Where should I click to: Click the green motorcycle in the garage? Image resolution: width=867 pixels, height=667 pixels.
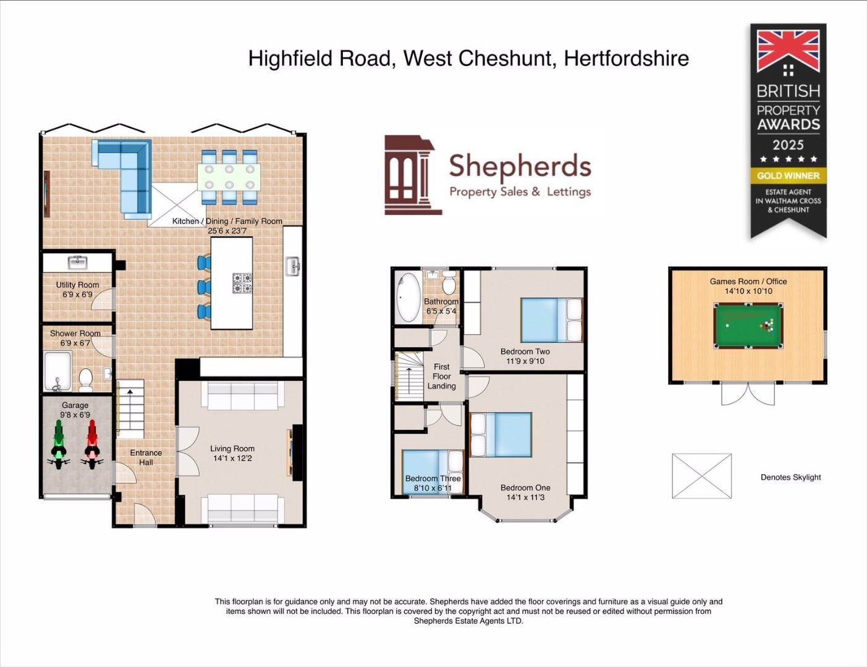click(59, 443)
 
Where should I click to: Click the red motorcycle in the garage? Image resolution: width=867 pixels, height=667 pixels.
click(92, 443)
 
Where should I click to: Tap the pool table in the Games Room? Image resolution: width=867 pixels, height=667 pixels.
click(748, 325)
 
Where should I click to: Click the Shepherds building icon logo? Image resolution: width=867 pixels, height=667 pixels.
click(412, 175)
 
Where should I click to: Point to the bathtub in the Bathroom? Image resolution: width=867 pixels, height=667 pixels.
click(407, 297)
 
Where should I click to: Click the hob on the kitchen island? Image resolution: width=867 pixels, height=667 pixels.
click(242, 283)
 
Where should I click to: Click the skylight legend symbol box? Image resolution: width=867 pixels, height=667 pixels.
click(701, 476)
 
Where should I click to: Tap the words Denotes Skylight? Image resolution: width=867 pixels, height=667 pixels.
click(790, 477)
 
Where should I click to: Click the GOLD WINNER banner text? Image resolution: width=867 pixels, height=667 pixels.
click(789, 175)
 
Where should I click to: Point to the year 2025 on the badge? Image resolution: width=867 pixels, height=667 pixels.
click(788, 145)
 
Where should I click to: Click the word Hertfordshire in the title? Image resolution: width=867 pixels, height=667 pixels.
click(626, 59)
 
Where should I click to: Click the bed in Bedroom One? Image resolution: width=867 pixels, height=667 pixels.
click(501, 435)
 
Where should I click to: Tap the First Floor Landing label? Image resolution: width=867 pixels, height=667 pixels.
click(441, 376)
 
